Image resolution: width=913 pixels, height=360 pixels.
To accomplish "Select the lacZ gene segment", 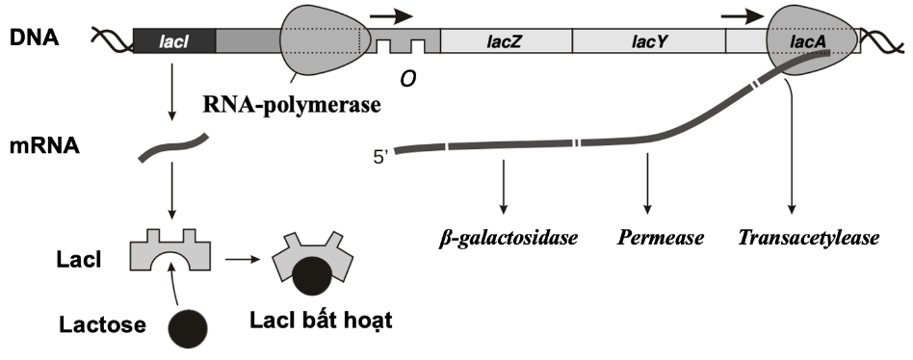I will click(505, 40).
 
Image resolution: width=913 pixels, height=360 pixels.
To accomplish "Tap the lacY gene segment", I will click(648, 40).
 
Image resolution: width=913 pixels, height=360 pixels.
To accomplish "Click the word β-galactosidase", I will click(501, 236).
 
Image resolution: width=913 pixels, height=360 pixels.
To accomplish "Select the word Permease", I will click(647, 236).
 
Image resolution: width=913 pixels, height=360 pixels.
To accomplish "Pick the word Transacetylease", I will click(808, 236).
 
